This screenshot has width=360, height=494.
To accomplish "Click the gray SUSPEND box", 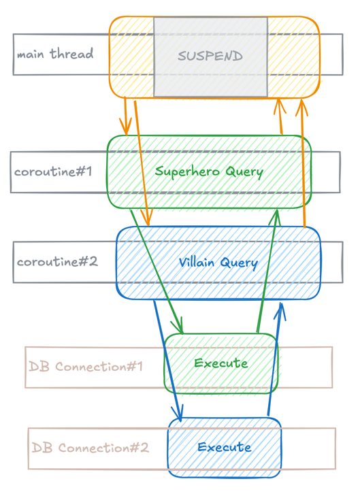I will [x=210, y=56].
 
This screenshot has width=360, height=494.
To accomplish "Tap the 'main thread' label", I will [x=54, y=54].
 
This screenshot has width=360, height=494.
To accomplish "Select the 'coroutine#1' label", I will [x=52, y=171].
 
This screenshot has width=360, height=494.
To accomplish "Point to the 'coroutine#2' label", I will [x=57, y=261].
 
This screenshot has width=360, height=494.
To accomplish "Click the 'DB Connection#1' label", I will [x=86, y=367].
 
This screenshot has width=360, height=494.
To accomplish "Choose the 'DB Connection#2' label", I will [x=90, y=448].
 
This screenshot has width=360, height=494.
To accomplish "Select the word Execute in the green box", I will [x=221, y=363].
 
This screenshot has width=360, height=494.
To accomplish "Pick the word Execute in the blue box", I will [x=225, y=447].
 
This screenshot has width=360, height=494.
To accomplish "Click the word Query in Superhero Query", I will [x=244, y=171].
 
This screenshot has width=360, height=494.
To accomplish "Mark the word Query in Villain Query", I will [x=240, y=263].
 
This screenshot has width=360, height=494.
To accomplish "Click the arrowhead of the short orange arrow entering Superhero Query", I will [x=125, y=129].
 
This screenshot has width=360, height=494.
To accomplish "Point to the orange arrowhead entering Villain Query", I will [x=145, y=219].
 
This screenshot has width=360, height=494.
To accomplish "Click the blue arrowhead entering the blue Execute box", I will [x=180, y=415].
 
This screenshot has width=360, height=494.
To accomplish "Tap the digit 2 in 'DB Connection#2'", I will [x=143, y=448].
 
